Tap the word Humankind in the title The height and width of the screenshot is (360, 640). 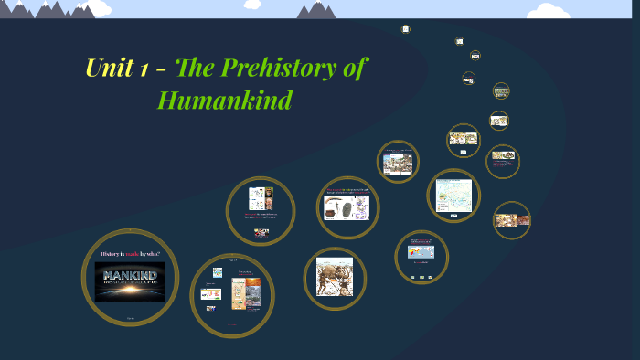point(225,100)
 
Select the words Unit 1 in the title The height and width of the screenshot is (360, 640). point(117,69)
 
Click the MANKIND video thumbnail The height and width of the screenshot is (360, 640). point(130,281)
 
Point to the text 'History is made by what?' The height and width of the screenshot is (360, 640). point(130,252)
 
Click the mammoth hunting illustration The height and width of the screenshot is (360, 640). point(334,277)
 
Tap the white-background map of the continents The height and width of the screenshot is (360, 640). point(453,194)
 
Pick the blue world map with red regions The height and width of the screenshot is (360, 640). point(421,252)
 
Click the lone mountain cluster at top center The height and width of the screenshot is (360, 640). point(317,10)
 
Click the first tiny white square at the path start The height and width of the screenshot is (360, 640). point(405,29)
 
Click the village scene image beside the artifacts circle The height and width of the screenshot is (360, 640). point(398,164)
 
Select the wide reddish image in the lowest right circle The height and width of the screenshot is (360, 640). point(512,219)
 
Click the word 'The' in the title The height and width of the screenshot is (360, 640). point(195,69)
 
